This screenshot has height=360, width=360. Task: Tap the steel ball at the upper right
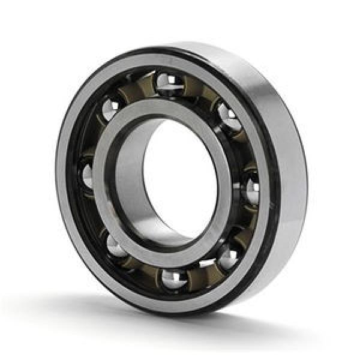point(228,114)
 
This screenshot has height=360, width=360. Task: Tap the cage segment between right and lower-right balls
point(246,228)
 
